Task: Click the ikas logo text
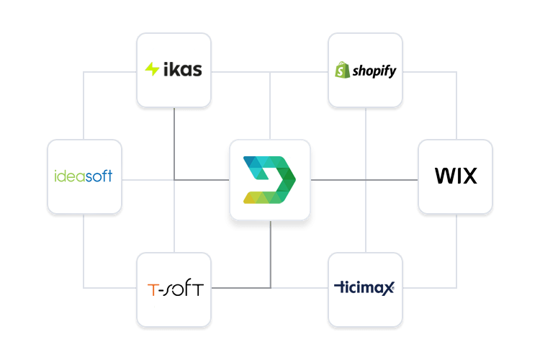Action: pyautogui.click(x=182, y=70)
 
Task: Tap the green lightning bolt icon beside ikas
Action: pyautogui.click(x=152, y=70)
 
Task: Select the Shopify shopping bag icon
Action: pyautogui.click(x=342, y=71)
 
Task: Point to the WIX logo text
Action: pyautogui.click(x=456, y=176)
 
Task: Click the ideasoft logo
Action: pyautogui.click(x=84, y=176)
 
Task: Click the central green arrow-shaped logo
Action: pyautogui.click(x=270, y=179)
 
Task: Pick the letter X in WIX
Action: pyautogui.click(x=469, y=176)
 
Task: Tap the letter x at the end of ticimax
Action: pyautogui.click(x=389, y=289)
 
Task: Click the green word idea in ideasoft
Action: pyautogui.click(x=70, y=176)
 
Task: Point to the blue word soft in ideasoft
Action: pyautogui.click(x=99, y=176)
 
